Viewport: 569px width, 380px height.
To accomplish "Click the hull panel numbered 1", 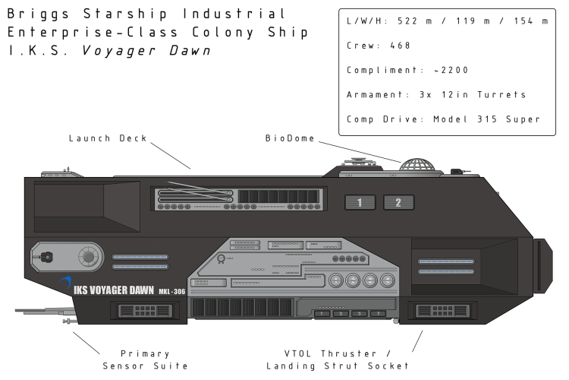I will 361,202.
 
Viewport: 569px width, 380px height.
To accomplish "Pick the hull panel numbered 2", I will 398,202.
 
